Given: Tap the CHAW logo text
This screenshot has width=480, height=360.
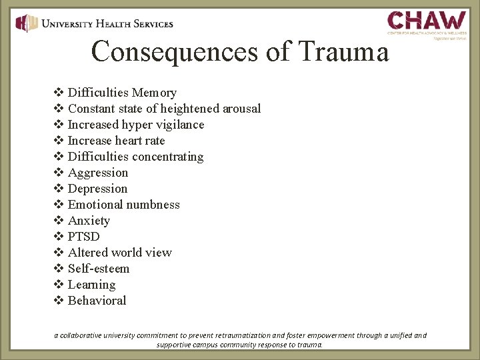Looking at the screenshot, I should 427,20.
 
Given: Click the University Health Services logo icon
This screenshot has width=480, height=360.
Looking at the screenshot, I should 27,23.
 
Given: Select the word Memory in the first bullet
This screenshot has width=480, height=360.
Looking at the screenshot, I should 154,93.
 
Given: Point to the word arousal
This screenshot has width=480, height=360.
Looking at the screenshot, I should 241,109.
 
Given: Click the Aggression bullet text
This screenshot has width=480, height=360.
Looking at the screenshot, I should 97,173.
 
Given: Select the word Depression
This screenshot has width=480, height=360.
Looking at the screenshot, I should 97,189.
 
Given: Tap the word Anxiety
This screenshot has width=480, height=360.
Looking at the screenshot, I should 89,221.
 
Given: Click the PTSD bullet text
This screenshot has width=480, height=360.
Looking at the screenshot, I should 84,237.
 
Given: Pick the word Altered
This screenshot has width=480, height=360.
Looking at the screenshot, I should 88,253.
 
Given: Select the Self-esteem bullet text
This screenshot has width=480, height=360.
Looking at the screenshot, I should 99,269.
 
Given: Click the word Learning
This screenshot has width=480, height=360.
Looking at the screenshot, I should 91,285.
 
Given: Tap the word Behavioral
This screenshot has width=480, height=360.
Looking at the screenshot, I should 97,301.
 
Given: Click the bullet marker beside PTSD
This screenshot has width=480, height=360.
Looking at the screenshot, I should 57,237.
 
